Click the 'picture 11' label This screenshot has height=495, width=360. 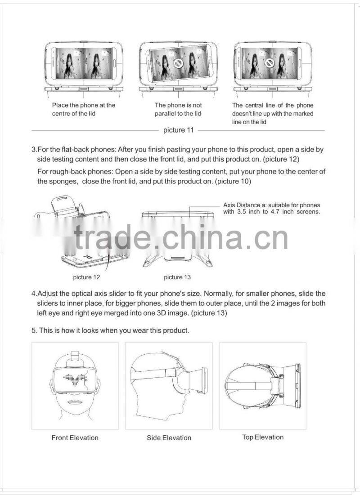[178, 130]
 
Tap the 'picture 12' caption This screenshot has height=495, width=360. [86, 277]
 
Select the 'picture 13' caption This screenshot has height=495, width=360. [177, 277]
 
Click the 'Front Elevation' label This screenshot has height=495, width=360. [75, 437]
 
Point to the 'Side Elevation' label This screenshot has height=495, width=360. [169, 437]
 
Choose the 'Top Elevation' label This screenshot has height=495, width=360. [263, 437]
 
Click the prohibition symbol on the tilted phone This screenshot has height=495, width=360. [178, 64]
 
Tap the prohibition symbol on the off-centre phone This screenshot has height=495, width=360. [270, 63]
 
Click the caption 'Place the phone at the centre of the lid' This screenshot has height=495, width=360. [84, 109]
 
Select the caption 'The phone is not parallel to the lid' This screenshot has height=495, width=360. [178, 109]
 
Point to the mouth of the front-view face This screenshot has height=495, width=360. [75, 403]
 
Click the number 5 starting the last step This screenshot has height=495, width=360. [34, 330]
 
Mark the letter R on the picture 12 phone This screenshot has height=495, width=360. [89, 257]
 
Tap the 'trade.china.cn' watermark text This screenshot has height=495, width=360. [181, 237]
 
